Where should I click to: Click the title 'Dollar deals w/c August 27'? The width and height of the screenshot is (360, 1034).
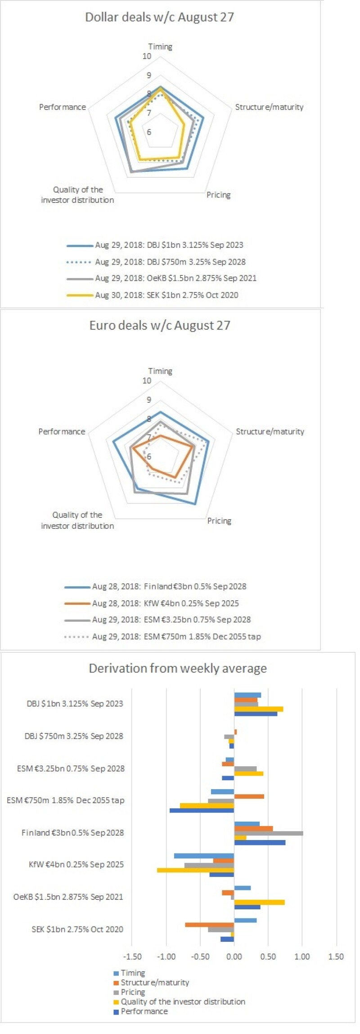[159, 17]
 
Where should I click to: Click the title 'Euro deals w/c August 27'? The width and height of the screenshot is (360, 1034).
[159, 325]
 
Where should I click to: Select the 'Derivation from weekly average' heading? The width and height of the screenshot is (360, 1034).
[177, 668]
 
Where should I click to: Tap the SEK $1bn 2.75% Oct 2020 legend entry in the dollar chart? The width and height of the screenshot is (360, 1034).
[166, 295]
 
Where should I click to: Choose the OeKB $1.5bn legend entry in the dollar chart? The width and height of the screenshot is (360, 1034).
[175, 278]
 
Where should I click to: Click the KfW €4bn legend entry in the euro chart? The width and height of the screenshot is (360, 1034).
[165, 603]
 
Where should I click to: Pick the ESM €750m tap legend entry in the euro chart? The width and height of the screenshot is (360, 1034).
[176, 637]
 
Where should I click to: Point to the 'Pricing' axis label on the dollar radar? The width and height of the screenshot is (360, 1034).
[218, 195]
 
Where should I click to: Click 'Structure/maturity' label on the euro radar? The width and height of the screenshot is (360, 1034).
[270, 432]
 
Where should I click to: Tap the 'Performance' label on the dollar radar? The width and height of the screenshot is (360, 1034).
[62, 107]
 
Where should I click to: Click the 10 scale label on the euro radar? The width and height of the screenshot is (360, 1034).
[147, 381]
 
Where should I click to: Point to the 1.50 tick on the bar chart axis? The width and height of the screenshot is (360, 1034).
[336, 957]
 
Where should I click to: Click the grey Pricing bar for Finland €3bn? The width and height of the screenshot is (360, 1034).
[268, 833]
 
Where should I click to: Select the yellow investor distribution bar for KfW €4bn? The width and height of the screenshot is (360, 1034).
[195, 870]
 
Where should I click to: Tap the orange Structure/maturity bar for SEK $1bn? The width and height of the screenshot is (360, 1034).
[209, 925]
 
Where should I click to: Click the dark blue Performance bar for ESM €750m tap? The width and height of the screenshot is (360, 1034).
[202, 810]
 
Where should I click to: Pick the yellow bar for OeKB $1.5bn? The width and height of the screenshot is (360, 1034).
[259, 902]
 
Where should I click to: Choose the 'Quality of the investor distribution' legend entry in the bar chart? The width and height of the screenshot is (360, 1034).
[183, 1002]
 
